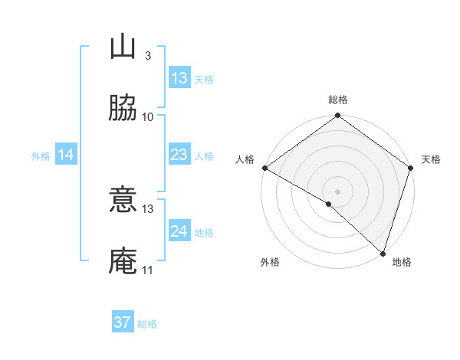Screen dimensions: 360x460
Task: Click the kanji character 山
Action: pyautogui.click(x=123, y=47)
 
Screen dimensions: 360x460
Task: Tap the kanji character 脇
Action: pyautogui.click(x=123, y=108)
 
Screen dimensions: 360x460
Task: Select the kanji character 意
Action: pyautogui.click(x=123, y=200)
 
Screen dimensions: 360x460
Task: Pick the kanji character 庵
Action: pyautogui.click(x=123, y=261)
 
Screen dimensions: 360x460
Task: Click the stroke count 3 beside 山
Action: pyautogui.click(x=147, y=56)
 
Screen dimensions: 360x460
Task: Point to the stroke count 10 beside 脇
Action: pyautogui.click(x=148, y=117)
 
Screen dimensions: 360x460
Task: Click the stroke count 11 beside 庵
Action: pyautogui.click(x=148, y=270)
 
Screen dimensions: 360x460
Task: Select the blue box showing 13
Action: pyautogui.click(x=179, y=78)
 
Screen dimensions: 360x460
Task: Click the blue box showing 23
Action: pyautogui.click(x=179, y=155)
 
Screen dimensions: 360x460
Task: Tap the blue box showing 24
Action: pyautogui.click(x=179, y=231)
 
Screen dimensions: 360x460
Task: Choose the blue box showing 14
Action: pyautogui.click(x=66, y=155)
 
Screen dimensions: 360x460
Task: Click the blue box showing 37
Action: pyautogui.click(x=123, y=322)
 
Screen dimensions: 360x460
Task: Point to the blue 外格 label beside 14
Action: pyautogui.click(x=41, y=156)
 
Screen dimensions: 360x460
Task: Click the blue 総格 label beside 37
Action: pyautogui.click(x=147, y=324)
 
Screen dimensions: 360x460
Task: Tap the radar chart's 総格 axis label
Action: pyautogui.click(x=338, y=100)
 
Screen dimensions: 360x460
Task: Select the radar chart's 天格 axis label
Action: pyautogui.click(x=431, y=159)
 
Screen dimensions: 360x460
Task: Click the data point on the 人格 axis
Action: pyautogui.click(x=264, y=168)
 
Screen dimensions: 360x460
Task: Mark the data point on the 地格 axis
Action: pyautogui.click(x=383, y=253)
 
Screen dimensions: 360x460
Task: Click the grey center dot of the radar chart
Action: pyautogui.click(x=338, y=191)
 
